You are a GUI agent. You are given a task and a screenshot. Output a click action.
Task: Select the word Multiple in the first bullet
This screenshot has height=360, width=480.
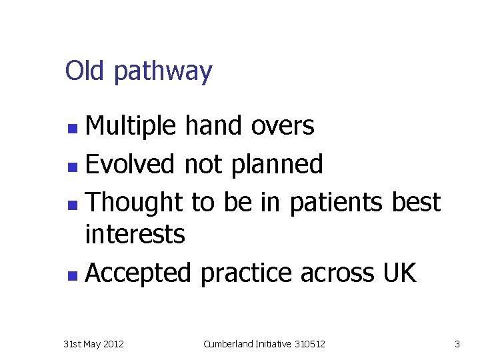[x=131, y=126]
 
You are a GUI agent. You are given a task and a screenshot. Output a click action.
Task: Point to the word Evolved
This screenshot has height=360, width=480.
[x=131, y=164]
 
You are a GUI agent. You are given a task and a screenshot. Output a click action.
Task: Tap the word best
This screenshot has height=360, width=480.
[x=416, y=202]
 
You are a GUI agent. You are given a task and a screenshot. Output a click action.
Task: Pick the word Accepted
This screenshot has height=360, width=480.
[x=139, y=273]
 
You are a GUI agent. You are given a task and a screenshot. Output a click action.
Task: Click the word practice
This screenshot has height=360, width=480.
[x=246, y=273]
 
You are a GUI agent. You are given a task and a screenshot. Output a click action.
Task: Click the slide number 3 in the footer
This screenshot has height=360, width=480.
[x=457, y=344]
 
